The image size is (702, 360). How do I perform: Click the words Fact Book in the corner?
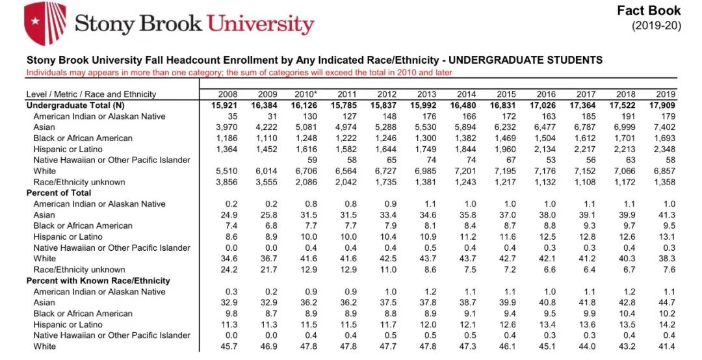649,10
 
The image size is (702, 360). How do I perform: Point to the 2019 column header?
666,94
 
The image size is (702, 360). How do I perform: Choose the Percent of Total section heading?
58,193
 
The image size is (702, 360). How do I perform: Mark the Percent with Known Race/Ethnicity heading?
98,281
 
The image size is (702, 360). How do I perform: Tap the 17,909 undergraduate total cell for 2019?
662,105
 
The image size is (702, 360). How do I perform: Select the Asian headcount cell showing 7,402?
664,127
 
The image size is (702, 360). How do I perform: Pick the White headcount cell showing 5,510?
225,171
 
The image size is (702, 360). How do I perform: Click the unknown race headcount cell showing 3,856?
225,182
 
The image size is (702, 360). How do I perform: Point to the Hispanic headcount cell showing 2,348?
664,149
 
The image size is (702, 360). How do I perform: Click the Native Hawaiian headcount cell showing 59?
312,160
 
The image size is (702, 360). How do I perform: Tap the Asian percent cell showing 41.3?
668,215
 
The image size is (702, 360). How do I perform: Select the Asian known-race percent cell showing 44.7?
668,303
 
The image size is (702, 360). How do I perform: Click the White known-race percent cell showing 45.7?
229,346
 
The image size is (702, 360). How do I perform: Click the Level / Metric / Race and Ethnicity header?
91,94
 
